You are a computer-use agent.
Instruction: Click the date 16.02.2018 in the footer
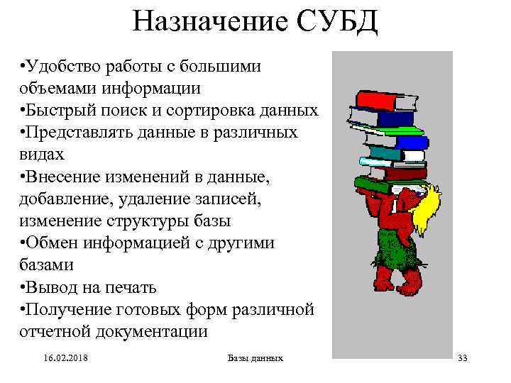62,357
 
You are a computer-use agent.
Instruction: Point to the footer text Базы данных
255,357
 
